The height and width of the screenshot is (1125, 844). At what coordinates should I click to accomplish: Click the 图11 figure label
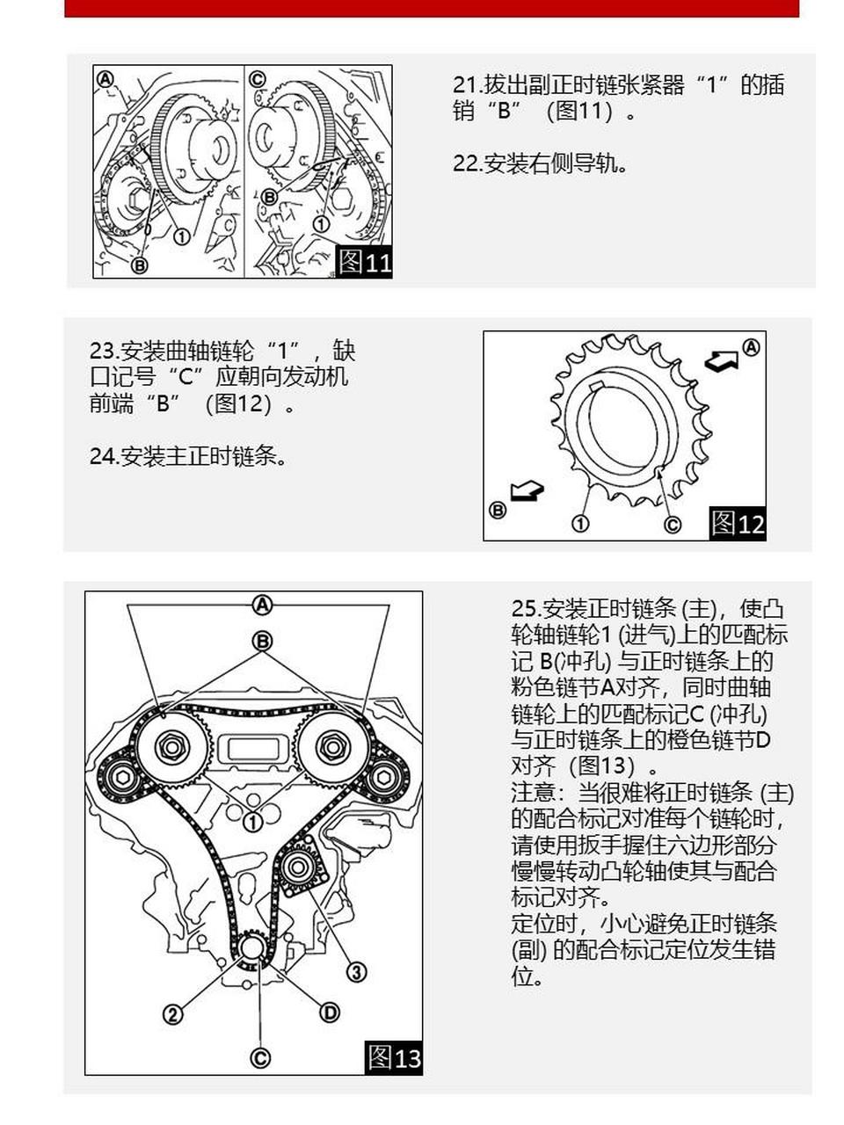click(x=365, y=262)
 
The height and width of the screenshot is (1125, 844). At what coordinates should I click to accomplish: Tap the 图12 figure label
click(x=738, y=524)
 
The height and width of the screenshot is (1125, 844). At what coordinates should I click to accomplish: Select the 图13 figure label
click(x=394, y=1057)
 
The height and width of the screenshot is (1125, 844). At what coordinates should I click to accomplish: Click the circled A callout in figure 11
click(x=105, y=78)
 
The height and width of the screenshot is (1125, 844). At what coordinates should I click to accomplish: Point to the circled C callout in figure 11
click(x=257, y=78)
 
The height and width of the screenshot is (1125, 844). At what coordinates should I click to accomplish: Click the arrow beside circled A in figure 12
click(x=721, y=359)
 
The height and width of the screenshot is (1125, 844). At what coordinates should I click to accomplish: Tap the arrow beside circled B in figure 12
click(x=527, y=492)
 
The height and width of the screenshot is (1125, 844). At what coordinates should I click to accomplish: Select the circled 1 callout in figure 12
click(x=580, y=524)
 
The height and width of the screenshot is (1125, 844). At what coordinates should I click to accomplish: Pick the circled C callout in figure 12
click(x=672, y=525)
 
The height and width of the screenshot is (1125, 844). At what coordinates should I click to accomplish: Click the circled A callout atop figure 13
click(x=262, y=605)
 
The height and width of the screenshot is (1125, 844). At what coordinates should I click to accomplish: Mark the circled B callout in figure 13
click(x=262, y=641)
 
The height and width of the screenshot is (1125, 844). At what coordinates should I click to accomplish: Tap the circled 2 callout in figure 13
click(x=173, y=1014)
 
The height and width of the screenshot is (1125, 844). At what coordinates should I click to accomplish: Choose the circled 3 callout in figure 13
click(x=356, y=972)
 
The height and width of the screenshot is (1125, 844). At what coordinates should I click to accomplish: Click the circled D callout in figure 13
click(x=330, y=1012)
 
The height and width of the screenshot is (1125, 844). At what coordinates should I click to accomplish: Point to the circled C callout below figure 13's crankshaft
click(x=260, y=1057)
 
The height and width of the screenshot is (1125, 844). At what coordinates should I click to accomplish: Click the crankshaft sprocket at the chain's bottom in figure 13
click(x=252, y=949)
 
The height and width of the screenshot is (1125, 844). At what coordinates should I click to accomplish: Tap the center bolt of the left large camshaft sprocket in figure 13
click(x=171, y=748)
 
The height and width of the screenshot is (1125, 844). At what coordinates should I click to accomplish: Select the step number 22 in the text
click(x=466, y=163)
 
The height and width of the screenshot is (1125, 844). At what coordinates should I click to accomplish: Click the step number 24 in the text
click(x=103, y=456)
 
